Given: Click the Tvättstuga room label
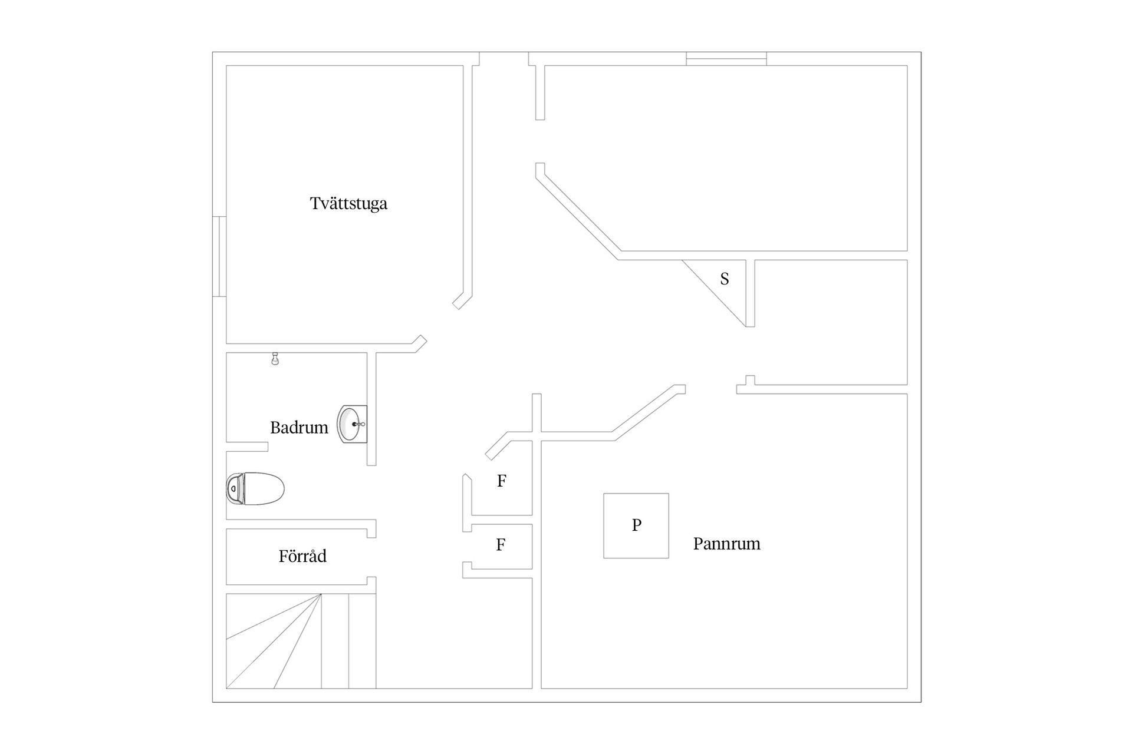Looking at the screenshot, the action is click(348, 204).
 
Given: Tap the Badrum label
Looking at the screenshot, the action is click(299, 428).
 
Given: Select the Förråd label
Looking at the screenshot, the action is click(302, 555).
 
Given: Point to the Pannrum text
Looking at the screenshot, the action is click(726, 543).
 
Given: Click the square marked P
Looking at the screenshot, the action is click(636, 525).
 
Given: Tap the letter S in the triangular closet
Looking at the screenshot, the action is click(725, 279).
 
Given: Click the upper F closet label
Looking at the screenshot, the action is click(502, 481).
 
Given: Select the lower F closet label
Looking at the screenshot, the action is click(501, 545).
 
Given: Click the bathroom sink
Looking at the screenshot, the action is click(353, 424).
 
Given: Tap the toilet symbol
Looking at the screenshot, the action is click(255, 488).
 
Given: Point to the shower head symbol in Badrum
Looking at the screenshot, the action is click(275, 359).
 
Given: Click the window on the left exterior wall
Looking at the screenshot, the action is click(219, 256).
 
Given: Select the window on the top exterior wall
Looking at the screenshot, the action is click(726, 59).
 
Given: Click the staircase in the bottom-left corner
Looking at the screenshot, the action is click(301, 641).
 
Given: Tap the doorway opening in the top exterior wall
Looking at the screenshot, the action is click(504, 59).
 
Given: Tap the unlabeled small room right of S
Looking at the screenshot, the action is click(831, 322).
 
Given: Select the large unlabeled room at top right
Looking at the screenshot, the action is click(725, 158).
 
